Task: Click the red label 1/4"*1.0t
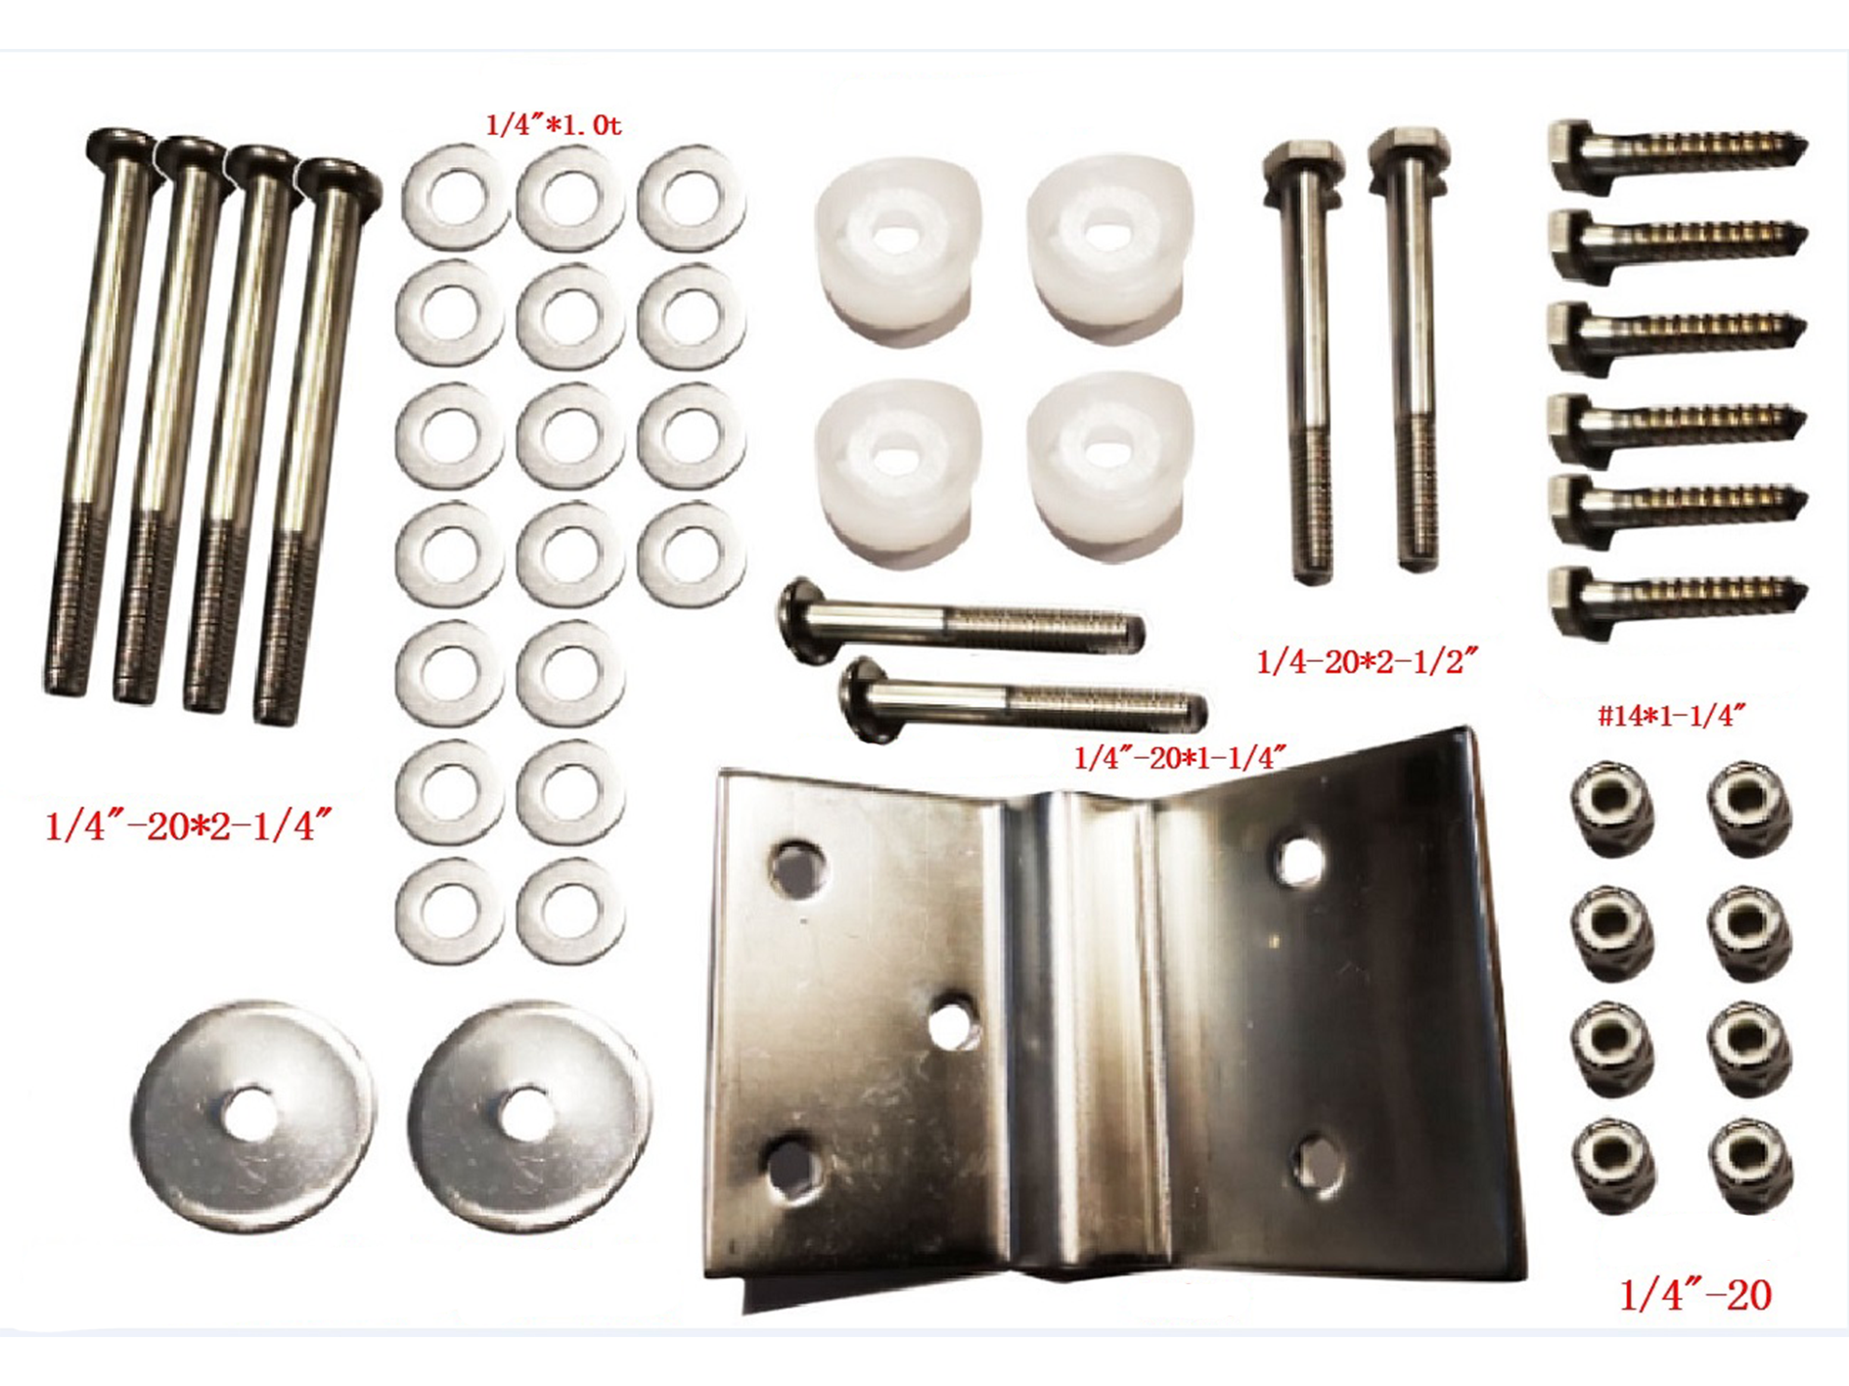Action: tap(553, 126)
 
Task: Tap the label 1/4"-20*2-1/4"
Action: tap(189, 827)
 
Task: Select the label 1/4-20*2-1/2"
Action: tap(1366, 662)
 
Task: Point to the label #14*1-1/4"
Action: tap(1671, 716)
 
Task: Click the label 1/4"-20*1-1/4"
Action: tap(1179, 758)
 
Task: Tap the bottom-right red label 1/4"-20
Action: tap(1695, 1296)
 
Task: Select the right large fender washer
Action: tap(528, 1115)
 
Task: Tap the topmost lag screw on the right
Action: tap(1676, 149)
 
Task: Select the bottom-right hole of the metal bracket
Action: tap(1318, 1164)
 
